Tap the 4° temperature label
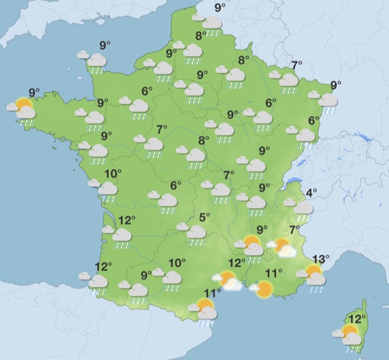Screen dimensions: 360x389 [311, 193]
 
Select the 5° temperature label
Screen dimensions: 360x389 [205, 216]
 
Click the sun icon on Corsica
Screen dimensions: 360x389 [349, 331]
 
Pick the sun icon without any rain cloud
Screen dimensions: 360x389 [264, 289]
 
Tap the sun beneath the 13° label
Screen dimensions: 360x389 [313, 271]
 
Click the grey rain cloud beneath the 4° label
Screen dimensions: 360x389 [303, 209]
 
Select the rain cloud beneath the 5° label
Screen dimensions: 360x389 [196, 232]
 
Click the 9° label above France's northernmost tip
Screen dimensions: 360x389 [220, 7]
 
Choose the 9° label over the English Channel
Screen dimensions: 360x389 [105, 44]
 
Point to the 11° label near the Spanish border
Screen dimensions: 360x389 [212, 293]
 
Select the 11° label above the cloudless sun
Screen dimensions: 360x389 [275, 273]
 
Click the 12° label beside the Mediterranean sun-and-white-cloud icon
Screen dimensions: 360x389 [236, 263]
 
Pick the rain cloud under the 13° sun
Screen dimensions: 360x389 [317, 279]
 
